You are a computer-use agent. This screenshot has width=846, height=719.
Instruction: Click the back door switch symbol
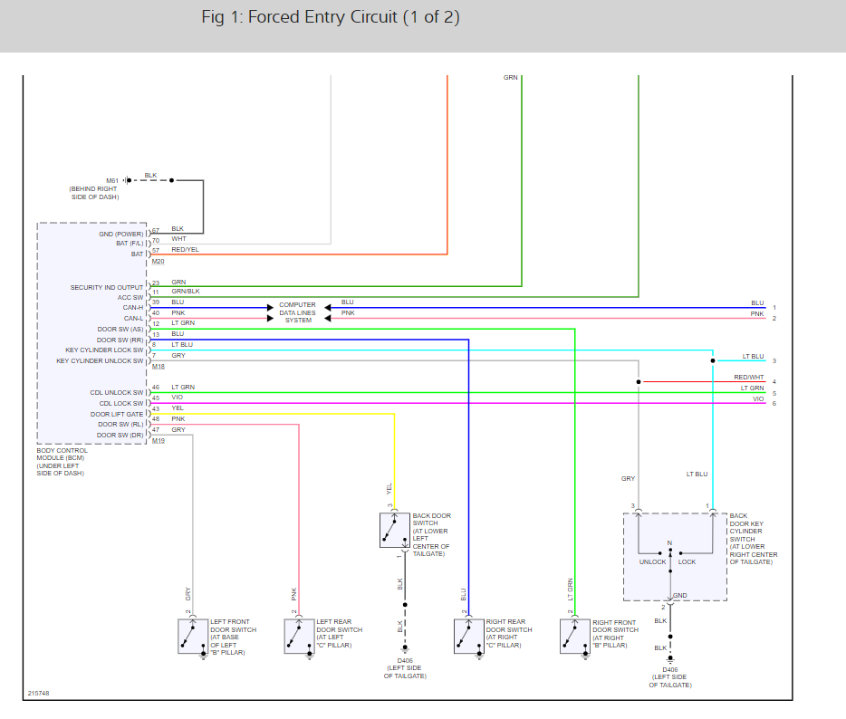point(395,530)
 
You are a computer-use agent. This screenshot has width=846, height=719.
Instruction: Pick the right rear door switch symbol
point(467,636)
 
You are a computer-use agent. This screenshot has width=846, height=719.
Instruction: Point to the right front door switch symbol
point(574,636)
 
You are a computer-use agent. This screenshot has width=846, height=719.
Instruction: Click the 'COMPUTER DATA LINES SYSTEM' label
point(297,312)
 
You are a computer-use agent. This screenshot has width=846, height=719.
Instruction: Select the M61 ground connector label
point(112,180)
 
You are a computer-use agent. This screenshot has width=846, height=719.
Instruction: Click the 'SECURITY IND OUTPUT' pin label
point(107,288)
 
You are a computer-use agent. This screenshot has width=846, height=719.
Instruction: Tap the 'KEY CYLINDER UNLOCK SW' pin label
point(100,361)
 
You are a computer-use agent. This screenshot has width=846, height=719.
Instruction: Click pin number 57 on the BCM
point(156,250)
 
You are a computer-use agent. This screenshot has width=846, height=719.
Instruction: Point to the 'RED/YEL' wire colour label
point(186,250)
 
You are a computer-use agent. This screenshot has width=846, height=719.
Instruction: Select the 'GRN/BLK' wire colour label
point(186,291)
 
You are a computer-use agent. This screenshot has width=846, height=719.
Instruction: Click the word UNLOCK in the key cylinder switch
point(652,561)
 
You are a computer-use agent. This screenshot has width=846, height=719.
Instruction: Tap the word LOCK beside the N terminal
point(687,561)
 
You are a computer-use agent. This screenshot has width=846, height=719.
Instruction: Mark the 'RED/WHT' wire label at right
point(748,378)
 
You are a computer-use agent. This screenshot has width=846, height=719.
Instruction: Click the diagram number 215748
point(38,694)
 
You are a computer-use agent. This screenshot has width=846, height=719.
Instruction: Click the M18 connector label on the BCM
point(159,366)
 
